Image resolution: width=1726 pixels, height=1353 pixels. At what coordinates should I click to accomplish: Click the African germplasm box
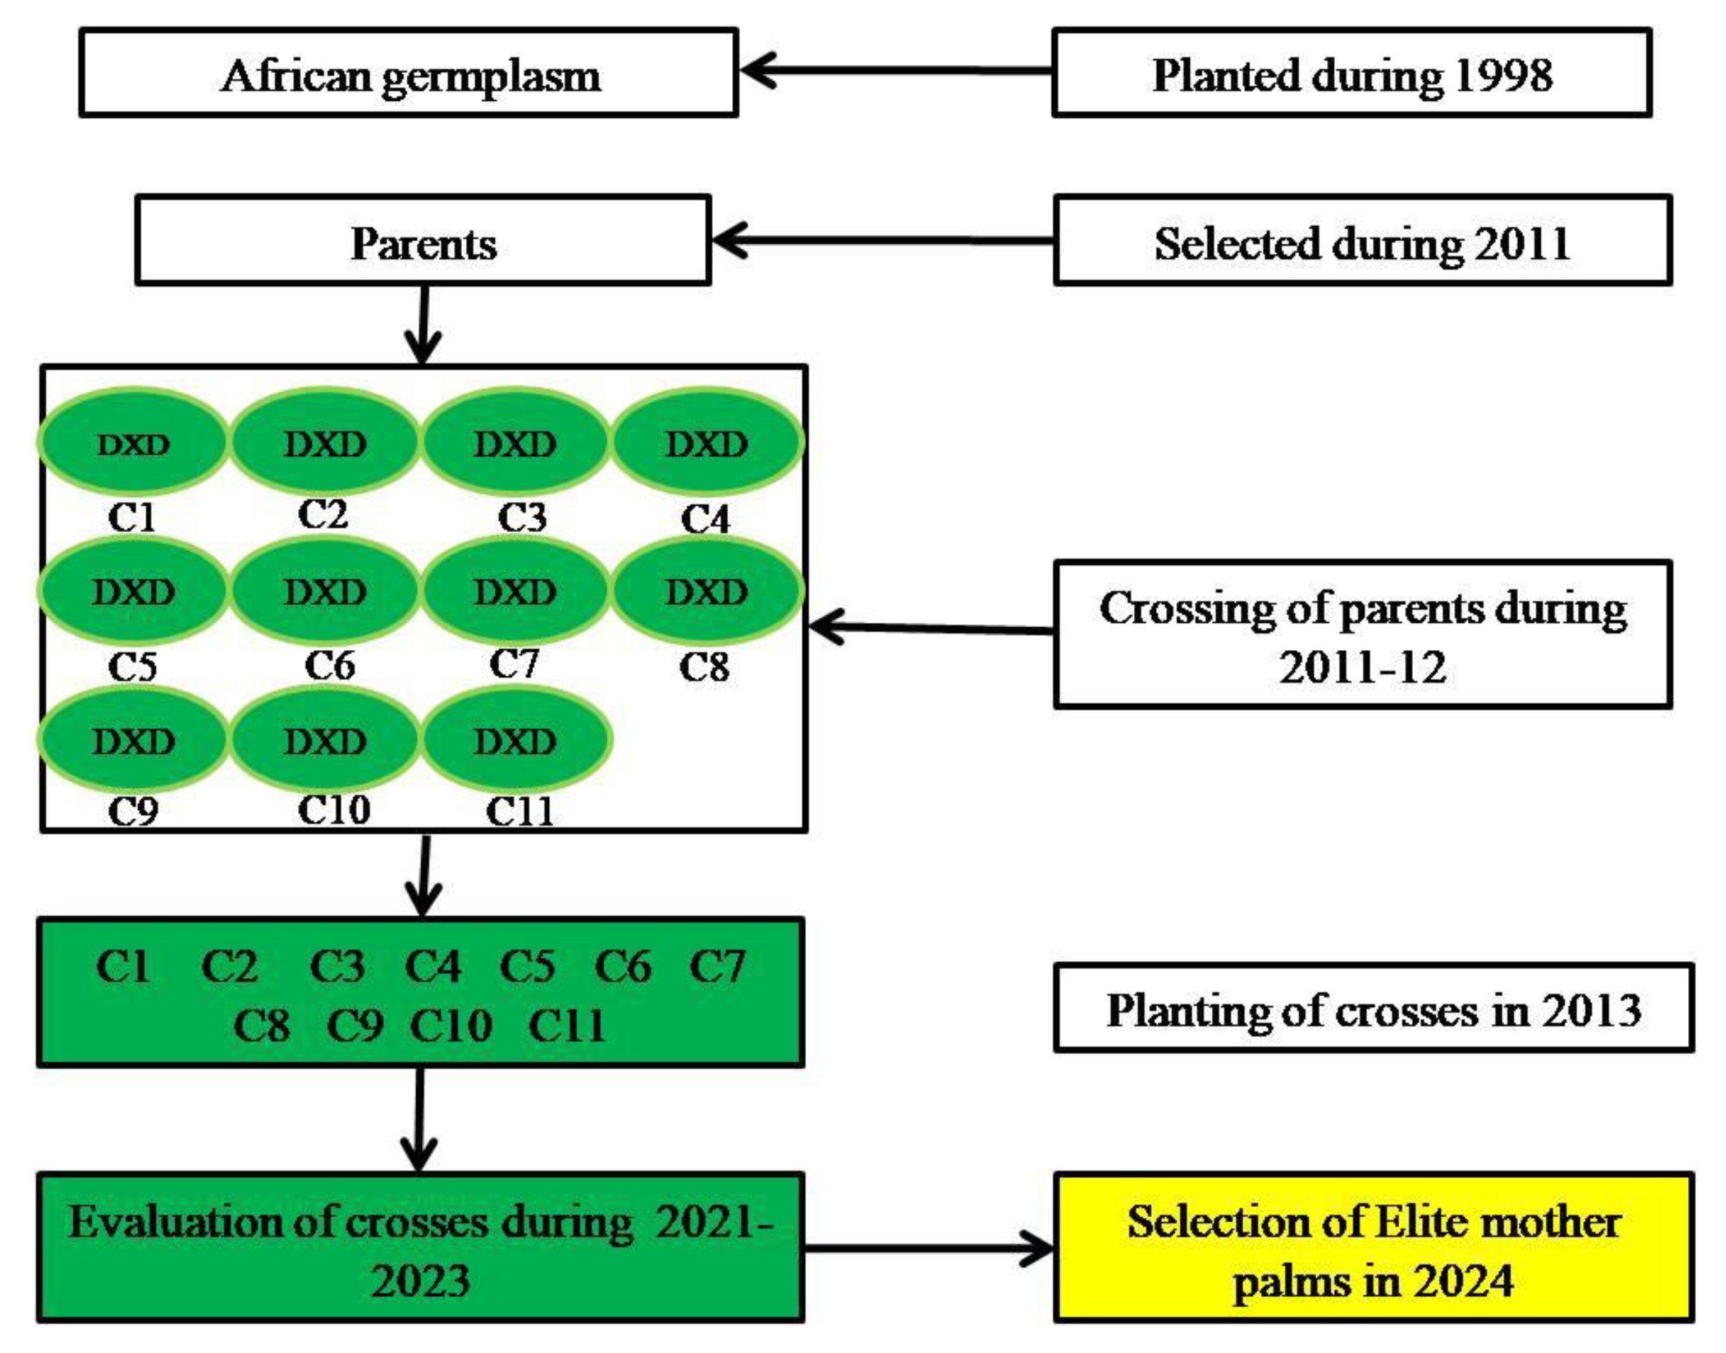tap(409, 74)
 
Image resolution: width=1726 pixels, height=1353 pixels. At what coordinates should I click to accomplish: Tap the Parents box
tap(423, 241)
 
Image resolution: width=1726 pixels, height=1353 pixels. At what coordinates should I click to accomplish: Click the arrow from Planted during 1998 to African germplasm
tap(895, 69)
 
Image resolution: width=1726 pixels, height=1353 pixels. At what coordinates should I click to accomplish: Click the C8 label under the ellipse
tap(704, 667)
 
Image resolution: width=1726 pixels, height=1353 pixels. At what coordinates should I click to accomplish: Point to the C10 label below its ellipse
tap(333, 810)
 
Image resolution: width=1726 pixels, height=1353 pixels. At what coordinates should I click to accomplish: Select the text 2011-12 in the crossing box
tap(1361, 667)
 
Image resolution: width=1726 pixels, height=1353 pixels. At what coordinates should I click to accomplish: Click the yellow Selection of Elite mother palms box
tap(1373, 1249)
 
